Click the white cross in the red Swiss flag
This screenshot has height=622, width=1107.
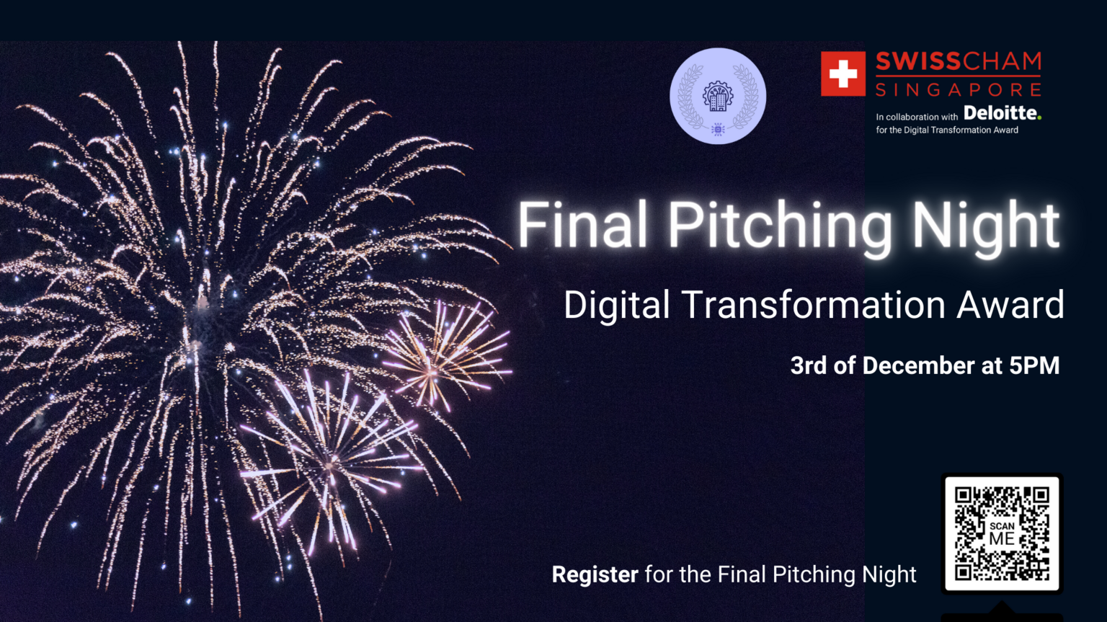click(843, 74)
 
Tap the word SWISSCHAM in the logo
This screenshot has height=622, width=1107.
click(959, 62)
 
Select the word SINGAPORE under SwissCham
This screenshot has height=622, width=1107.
click(959, 90)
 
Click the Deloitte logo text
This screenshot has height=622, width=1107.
click(1000, 113)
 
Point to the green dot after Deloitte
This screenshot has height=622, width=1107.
click(1039, 117)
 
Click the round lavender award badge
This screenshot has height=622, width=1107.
click(718, 96)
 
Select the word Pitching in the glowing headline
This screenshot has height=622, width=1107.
click(780, 228)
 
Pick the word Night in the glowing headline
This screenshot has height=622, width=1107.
click(985, 228)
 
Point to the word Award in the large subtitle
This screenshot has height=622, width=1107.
click(1010, 304)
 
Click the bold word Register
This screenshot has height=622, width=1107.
click(595, 574)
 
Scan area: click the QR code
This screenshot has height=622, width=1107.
click(1002, 533)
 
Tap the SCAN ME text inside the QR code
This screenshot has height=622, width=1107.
click(1002, 533)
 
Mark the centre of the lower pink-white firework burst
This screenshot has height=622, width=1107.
click(330, 464)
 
